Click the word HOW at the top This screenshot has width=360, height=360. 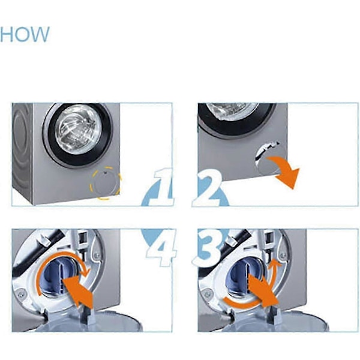(25, 34)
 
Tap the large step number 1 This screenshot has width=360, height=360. (162, 187)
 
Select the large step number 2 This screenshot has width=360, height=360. (208, 188)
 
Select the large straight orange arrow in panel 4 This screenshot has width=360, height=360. (78, 292)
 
